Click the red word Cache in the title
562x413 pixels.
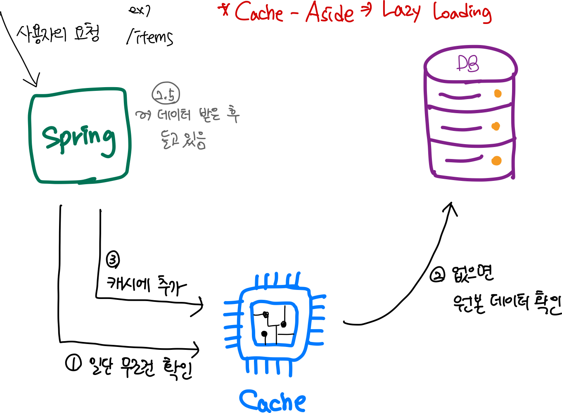point(259,13)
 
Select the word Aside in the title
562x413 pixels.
point(330,14)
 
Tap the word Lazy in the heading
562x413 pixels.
point(401,12)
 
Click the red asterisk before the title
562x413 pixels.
point(225,10)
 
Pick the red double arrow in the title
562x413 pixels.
point(366,11)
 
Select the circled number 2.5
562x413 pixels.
point(166,93)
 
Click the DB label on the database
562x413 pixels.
point(468,64)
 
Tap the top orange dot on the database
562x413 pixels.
point(498,94)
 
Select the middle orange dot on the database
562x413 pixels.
point(496,126)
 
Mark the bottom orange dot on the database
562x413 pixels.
point(497,161)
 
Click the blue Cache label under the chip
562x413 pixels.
point(273,401)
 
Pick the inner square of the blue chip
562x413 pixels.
point(274,323)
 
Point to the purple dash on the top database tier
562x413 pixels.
point(460,96)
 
